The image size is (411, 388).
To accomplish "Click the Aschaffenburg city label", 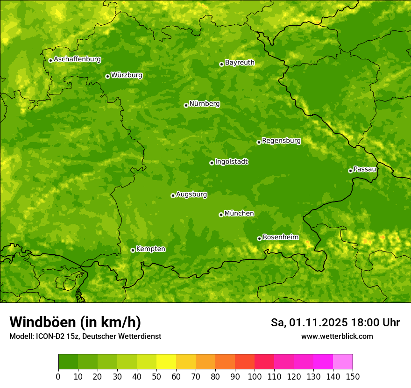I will point(77,59).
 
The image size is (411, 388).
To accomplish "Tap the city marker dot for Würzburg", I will point(107,76).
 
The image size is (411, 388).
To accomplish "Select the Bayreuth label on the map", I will point(240,63).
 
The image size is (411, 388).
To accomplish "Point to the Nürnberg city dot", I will point(186,105).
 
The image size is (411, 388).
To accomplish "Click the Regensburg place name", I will point(281,141).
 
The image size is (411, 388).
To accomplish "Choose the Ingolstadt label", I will point(231,162).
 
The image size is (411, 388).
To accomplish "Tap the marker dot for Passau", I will point(350,171).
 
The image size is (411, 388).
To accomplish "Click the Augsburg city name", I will point(191,194).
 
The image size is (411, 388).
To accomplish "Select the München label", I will point(239,214).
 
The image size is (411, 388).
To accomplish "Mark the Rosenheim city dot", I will point(259,238).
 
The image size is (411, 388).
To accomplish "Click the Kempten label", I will point(150,249).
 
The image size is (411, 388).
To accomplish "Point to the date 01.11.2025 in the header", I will point(318,323).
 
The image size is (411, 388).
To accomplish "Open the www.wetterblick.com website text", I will point(337,336).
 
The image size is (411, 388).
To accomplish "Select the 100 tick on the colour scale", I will point(255,376).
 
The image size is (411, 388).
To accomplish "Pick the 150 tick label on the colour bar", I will point(353,376).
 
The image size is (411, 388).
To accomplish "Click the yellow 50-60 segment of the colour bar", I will point(166,362).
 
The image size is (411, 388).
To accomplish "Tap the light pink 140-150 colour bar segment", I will point(343,362).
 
